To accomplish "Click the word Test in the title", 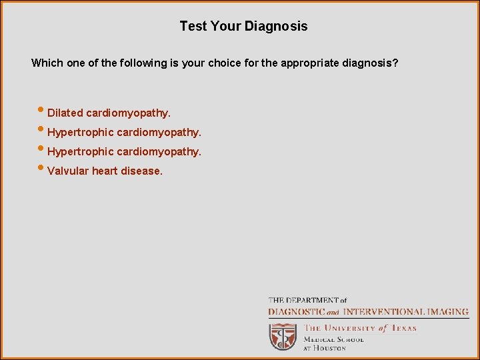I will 193,27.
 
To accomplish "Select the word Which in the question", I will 47,63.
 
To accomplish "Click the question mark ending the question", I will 396,63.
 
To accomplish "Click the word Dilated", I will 65,113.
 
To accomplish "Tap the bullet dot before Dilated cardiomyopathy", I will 42,111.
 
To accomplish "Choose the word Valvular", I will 68,171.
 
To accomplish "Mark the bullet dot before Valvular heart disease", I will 42,169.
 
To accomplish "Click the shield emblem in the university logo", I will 283,337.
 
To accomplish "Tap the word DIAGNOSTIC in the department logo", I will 297,311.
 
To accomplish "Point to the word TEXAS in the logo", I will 403,328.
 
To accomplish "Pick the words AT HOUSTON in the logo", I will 325,348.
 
